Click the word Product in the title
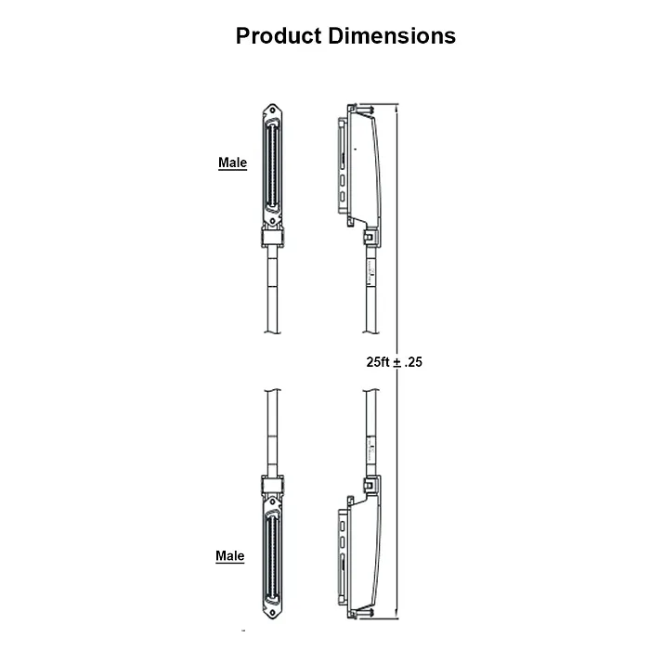click(x=279, y=36)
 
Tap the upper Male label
click(x=232, y=163)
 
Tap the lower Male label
click(x=230, y=556)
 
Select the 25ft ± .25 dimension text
click(x=394, y=363)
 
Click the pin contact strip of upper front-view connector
click(x=272, y=167)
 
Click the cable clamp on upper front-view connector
click(x=272, y=239)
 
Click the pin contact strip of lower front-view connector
click(x=272, y=557)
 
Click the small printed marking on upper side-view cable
click(x=370, y=271)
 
